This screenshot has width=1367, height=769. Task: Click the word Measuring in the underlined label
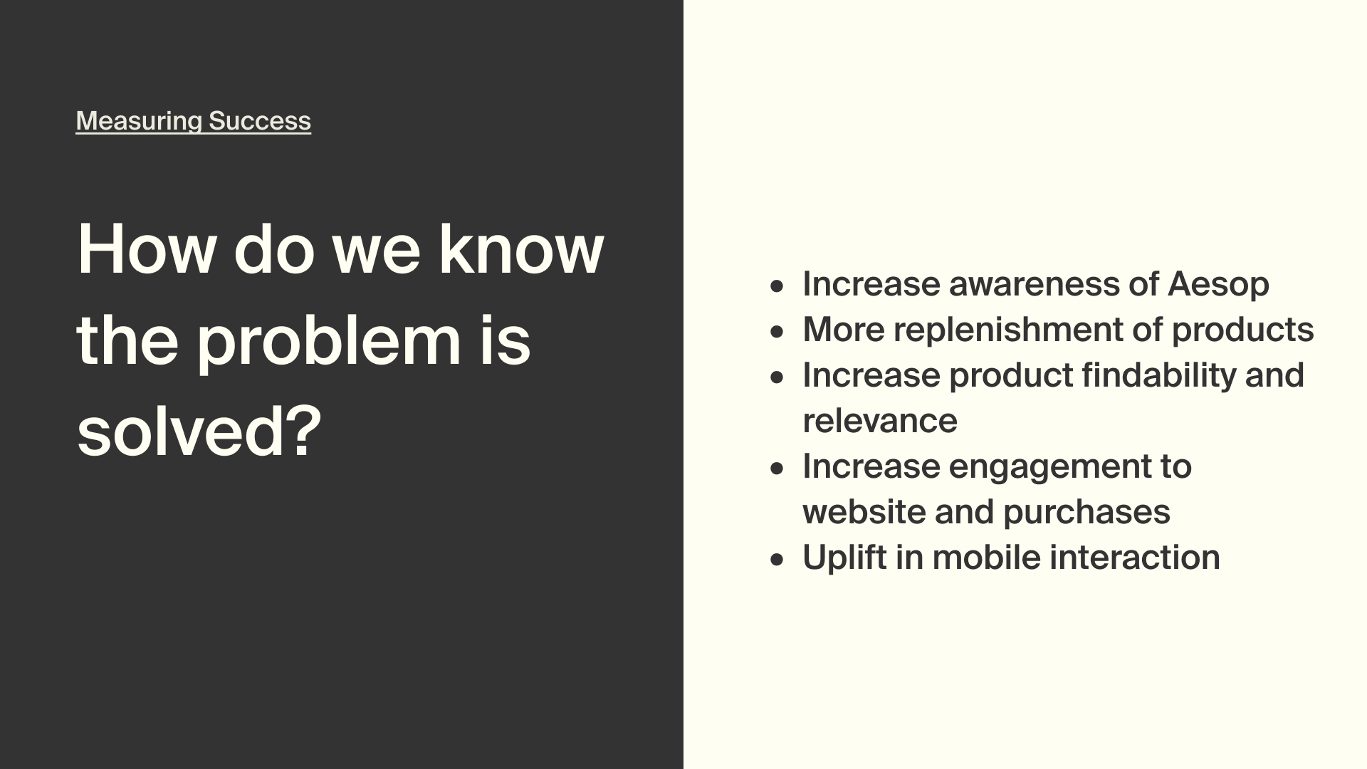pos(140,121)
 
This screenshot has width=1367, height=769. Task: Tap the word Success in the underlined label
pos(260,121)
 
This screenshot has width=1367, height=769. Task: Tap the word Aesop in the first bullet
pos(1218,285)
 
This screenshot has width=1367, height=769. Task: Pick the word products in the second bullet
pos(1242,330)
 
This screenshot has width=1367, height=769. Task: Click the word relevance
pos(880,421)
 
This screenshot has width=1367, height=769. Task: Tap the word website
pos(864,512)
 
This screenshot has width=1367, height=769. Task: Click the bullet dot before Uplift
pos(777,560)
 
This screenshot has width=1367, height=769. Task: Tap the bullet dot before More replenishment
pos(777,332)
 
